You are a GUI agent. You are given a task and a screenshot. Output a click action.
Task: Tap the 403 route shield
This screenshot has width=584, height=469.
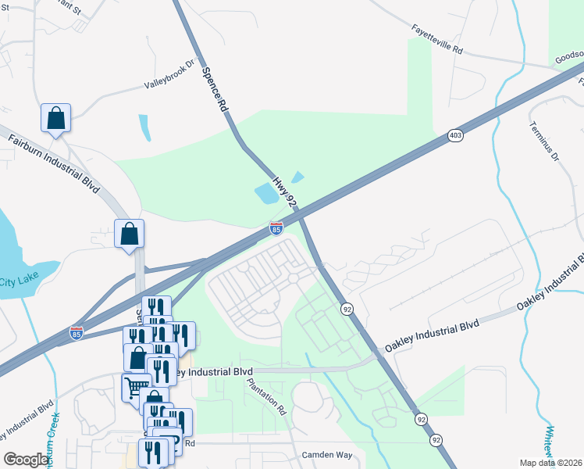456,136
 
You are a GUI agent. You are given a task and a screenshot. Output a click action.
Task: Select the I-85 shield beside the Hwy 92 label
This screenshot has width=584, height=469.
276,227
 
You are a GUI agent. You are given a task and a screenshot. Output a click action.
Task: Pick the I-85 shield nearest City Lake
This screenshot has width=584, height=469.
76,333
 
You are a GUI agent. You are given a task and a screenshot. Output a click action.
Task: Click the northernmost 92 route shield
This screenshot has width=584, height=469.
346,310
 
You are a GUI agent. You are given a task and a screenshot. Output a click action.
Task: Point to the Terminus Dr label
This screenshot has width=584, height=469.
544,141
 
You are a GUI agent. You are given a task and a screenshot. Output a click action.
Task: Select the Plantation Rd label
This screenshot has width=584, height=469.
267,396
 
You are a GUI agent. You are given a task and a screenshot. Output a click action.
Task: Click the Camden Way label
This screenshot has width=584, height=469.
327,455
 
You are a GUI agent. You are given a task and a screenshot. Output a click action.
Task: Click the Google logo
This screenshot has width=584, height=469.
27,459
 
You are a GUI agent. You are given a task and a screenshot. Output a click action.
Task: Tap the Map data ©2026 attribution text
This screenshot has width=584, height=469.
550,463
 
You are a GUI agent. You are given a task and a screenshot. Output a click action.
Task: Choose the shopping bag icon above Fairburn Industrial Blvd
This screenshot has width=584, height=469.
55,118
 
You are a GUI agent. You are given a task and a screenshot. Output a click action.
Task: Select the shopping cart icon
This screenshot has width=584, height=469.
136,387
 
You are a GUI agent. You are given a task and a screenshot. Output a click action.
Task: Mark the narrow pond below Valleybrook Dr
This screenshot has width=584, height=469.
144,127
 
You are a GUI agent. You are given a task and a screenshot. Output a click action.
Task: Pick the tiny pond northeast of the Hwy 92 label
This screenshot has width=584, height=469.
297,177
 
